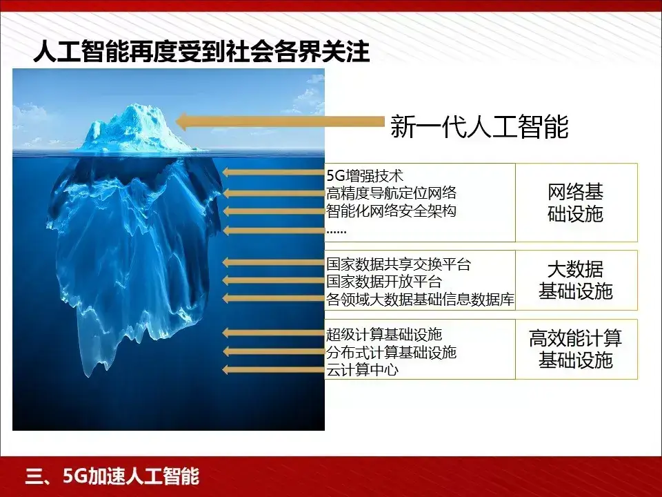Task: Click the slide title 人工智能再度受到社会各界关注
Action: coord(201,53)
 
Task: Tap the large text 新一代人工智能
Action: coord(479,126)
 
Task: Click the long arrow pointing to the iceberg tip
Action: coord(279,121)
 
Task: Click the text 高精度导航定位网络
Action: coord(391,193)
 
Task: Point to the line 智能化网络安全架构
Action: coord(391,211)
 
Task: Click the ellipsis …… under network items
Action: coord(337,230)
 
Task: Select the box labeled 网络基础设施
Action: coord(575,202)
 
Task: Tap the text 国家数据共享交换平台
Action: coord(398,264)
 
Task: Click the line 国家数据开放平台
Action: coord(383,282)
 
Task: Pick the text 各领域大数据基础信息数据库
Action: coord(420,300)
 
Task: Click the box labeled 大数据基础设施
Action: coord(575,280)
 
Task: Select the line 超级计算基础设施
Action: coord(383,335)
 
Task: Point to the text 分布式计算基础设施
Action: coord(391,353)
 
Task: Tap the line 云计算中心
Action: coord(362,371)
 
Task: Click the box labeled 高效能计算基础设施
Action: coord(575,349)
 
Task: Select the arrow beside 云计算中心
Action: coord(273,370)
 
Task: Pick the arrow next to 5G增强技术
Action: coord(273,173)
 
